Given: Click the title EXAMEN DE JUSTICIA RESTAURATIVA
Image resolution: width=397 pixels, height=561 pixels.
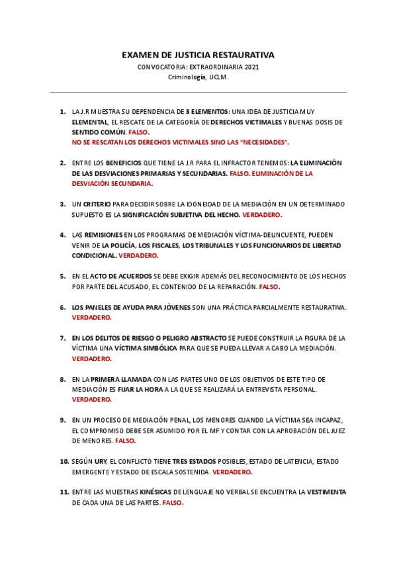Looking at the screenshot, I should point(198,55).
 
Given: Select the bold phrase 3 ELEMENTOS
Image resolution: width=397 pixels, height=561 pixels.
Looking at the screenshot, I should point(208,112).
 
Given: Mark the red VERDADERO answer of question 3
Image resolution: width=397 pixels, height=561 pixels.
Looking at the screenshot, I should point(263,215).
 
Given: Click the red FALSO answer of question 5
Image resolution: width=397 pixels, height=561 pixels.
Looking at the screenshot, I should point(269,287).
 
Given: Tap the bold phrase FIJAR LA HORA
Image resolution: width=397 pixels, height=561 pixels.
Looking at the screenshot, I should point(140,390).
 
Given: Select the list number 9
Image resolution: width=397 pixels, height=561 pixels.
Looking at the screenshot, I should point(62,420).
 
